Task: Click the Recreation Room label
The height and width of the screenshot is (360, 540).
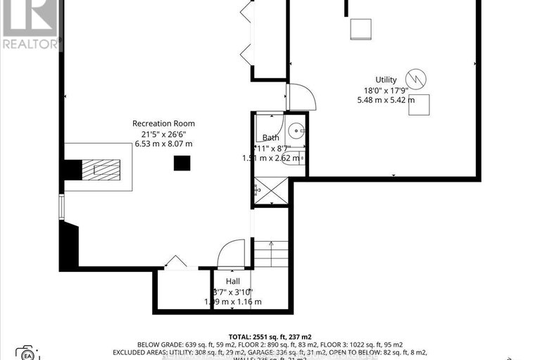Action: (163, 123)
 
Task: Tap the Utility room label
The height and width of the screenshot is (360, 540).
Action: (385, 80)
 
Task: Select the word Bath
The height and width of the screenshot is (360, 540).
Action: (271, 137)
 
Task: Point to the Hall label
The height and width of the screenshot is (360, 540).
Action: (232, 281)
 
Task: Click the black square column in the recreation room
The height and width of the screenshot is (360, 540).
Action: (182, 163)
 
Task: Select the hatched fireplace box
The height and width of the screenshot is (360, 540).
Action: (101, 170)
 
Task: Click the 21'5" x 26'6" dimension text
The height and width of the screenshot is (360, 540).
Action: (163, 134)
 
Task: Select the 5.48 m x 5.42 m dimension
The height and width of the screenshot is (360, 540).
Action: (385, 100)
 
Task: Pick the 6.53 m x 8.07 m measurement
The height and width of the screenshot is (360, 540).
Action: (163, 144)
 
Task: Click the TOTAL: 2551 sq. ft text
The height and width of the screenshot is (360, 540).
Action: (270, 337)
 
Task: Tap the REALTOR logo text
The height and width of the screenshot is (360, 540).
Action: (30, 44)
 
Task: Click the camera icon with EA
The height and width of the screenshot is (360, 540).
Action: (26, 352)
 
